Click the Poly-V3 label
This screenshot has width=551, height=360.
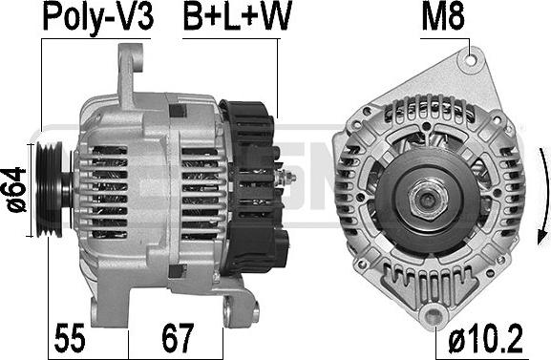pos(97,17)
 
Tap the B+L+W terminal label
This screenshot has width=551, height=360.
pos(238,16)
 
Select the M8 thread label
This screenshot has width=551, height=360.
pos(443,16)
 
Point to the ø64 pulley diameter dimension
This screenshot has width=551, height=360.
pos(16,189)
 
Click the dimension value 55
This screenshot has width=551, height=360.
pos(70,338)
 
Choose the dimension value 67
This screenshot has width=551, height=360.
pos(178,338)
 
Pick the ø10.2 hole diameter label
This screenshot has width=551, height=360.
pos(485,339)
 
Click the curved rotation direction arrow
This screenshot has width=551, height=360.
pos(544,196)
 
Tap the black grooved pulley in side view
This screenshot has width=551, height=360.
pos(51,189)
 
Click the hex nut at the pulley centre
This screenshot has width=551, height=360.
pos(428,199)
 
